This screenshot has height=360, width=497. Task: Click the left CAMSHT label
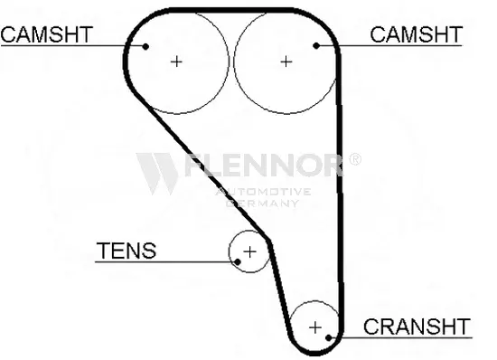47,34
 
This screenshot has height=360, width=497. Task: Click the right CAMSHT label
417,34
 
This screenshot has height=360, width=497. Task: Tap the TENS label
127,251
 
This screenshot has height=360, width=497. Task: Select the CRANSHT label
417,327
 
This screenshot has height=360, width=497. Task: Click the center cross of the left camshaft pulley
176,62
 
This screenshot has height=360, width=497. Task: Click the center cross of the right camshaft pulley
286,62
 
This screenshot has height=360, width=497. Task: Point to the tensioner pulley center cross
249,252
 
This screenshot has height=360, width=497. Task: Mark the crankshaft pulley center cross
315,327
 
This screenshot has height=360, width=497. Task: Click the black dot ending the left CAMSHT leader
145,47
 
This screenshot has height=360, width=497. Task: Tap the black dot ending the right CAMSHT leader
316,46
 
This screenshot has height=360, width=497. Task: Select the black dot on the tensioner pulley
238,262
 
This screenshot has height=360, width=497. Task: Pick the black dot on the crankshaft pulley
329,337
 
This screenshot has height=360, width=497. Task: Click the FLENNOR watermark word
264,165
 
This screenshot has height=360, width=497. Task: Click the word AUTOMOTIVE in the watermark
263,192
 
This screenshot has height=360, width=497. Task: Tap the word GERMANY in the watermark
262,203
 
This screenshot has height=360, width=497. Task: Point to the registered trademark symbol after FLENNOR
355,159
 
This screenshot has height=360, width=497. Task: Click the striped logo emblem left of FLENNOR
157,173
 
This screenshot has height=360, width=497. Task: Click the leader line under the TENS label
164,262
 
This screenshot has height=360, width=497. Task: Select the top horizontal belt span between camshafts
230,10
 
